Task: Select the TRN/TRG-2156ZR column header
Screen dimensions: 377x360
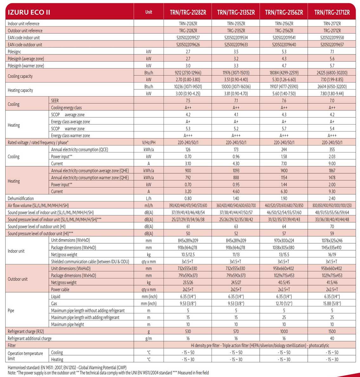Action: coord(284,12)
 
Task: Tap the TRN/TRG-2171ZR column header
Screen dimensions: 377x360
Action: coord(332,12)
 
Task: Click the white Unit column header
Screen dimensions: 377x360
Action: coord(148,12)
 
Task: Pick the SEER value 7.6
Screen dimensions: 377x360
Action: coord(284,101)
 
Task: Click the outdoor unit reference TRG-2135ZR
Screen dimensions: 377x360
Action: coord(236,31)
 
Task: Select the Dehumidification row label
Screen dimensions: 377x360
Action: coord(21,199)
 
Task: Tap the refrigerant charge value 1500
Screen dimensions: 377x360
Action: coord(332,331)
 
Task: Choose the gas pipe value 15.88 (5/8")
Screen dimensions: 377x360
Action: coord(332,304)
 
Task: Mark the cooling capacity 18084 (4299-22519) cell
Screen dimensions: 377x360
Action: coord(284,73)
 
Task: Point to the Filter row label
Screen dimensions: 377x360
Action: coord(12,345)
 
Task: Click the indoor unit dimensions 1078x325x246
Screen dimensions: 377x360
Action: coord(332,240)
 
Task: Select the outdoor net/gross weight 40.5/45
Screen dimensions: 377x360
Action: coord(284,283)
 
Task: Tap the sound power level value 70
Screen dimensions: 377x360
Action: coord(332,227)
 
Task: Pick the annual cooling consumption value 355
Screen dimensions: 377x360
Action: coord(332,150)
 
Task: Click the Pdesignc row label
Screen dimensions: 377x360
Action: coord(14,52)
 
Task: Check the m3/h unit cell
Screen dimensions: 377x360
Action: coord(148,206)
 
